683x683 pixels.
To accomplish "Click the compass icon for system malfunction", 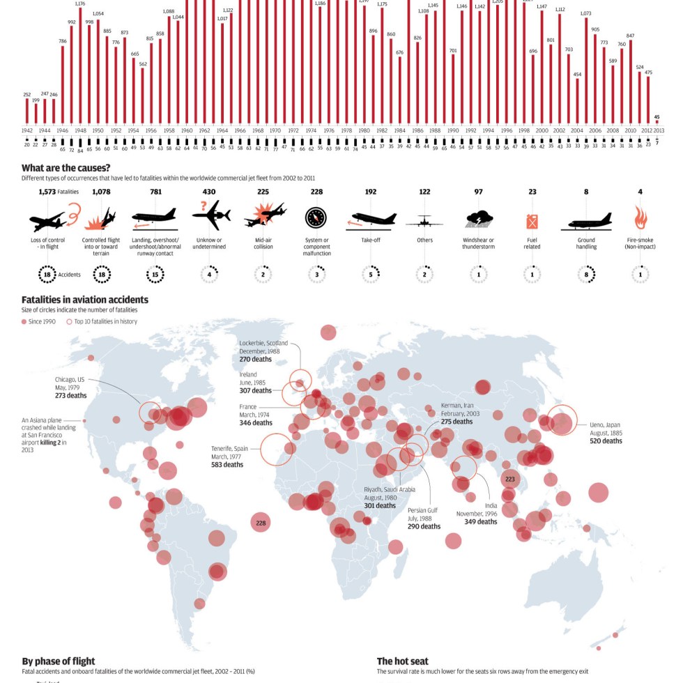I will coord(316,218).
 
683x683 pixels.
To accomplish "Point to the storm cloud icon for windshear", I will coord(478,220).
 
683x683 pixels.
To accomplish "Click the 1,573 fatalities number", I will coord(47,192).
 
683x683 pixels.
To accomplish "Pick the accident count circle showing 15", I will coord(155,275).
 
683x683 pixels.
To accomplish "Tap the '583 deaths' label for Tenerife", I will coord(227,464).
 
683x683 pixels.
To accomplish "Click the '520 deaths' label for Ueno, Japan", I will coord(606,441).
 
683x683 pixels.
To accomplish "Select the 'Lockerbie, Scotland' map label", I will coord(263,343).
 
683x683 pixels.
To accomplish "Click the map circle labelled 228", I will coord(261,523).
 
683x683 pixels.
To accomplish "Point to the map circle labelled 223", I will coord(510,479).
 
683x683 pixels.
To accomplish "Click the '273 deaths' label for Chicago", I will coord(71,396).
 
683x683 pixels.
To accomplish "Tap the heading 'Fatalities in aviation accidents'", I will coord(85,300).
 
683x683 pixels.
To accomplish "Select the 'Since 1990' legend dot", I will coord(24,321).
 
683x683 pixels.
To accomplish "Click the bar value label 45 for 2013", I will coord(657,117).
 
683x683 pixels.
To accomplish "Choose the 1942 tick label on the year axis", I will coord(27,130).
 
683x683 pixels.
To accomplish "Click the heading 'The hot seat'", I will coord(403,661).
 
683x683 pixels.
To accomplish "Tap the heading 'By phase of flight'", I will coord(59,661).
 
